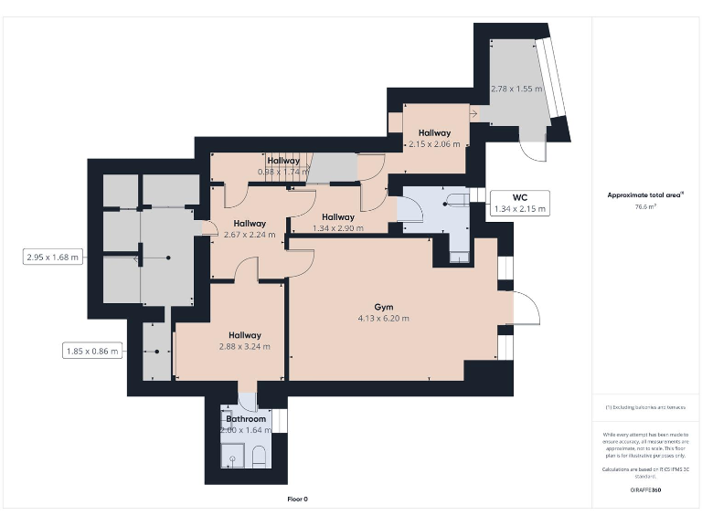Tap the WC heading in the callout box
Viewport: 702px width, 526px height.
coord(518,197)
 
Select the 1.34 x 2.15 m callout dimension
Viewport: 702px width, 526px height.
coord(518,209)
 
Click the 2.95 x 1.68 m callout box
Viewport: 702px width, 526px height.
coord(53,258)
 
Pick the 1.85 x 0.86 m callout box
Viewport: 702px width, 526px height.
coord(92,351)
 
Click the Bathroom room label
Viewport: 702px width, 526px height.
coord(246,418)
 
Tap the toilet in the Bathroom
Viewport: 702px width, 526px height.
coord(259,457)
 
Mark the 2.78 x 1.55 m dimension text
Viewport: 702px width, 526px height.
coord(516,89)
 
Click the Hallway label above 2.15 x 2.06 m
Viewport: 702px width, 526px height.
coord(434,133)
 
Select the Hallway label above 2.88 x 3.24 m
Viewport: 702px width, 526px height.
coord(245,335)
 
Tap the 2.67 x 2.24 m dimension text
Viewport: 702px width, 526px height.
coord(249,234)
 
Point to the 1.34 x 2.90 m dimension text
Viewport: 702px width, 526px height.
coord(337,228)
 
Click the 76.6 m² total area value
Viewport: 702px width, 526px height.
coord(646,206)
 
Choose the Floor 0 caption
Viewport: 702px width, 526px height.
coord(298,499)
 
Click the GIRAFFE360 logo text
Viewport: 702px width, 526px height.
coord(646,490)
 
